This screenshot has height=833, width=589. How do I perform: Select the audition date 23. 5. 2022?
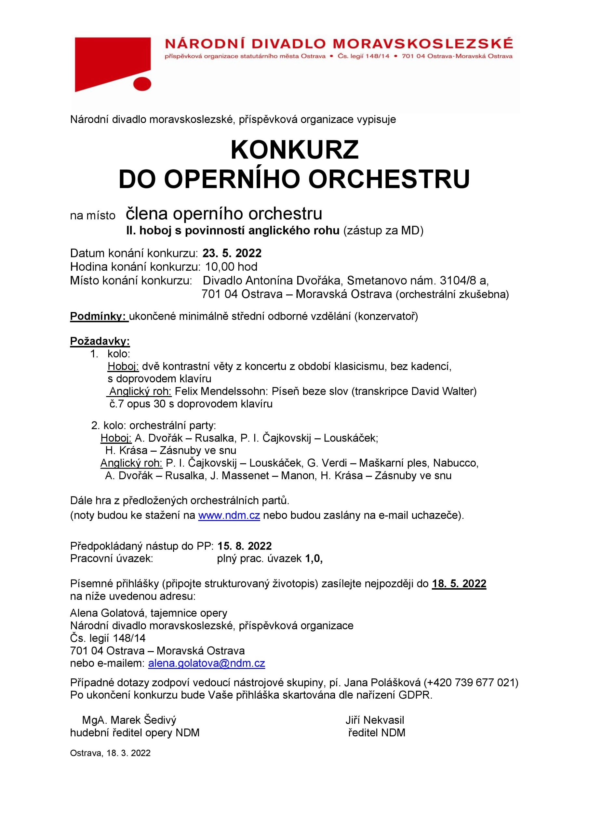click(x=232, y=253)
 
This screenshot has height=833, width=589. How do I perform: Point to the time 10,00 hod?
click(x=231, y=267)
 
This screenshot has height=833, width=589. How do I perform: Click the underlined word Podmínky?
click(x=99, y=316)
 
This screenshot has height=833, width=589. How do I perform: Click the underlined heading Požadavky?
click(x=100, y=341)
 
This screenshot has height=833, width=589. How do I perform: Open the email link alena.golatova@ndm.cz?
click(x=207, y=663)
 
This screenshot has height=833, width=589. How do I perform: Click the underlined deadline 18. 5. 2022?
click(x=459, y=584)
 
